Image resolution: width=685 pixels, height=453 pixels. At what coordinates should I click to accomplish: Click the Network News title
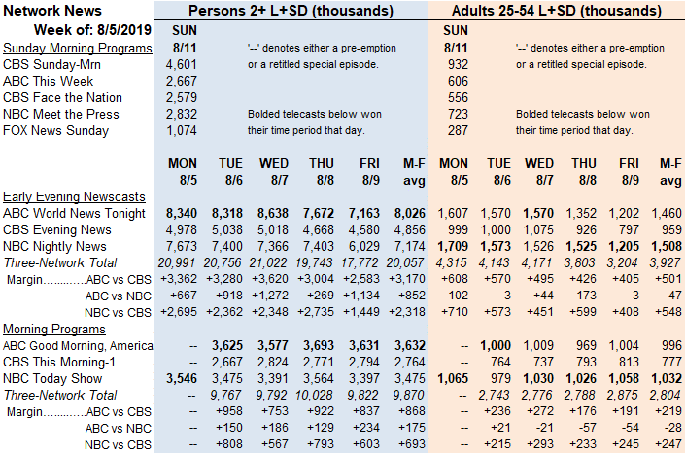(52, 11)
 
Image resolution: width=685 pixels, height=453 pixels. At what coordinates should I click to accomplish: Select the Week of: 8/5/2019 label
(92, 30)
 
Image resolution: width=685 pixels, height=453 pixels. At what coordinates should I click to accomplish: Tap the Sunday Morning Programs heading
(78, 48)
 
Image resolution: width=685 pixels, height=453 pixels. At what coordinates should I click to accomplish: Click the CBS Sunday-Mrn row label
(51, 65)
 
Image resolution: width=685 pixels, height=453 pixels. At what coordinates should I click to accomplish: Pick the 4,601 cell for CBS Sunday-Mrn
(182, 65)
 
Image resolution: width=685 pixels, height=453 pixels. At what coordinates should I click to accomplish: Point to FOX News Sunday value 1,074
(182, 130)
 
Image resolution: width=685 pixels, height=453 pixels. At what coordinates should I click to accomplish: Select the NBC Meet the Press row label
(60, 114)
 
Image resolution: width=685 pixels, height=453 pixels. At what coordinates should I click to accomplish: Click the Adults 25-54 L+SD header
(557, 11)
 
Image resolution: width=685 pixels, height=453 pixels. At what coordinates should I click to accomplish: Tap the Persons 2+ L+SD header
(291, 11)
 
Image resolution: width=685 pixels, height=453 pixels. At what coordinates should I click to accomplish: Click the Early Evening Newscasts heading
(74, 196)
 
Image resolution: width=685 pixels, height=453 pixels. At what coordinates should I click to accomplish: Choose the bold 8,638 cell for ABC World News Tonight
(273, 214)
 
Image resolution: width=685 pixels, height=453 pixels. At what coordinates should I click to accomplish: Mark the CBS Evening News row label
(56, 230)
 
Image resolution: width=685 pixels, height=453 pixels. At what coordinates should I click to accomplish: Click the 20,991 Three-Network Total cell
(178, 262)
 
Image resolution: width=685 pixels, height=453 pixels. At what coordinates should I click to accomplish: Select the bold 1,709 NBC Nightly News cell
(453, 247)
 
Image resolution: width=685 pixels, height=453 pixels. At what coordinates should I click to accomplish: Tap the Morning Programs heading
(54, 329)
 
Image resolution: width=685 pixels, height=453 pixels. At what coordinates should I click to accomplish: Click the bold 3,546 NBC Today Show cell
(182, 379)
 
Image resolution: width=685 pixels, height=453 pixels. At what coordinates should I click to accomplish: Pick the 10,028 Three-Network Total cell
(314, 396)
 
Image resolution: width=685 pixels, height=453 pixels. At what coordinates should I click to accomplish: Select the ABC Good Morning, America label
(78, 346)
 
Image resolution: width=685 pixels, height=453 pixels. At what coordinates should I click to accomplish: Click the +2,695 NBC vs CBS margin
(179, 312)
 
